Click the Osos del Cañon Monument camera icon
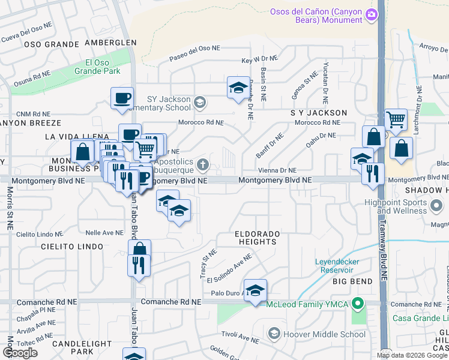point(372,14)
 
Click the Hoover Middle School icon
point(274,333)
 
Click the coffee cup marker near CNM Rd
point(122,98)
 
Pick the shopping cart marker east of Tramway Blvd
point(396,119)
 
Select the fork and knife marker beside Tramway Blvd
point(373,173)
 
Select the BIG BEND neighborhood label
point(353,281)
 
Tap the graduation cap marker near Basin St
point(238,88)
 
